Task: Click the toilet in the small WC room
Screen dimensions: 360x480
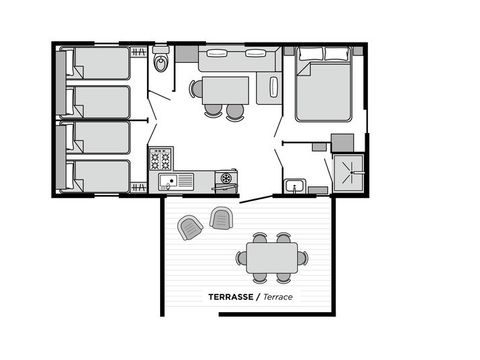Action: pos(162,64)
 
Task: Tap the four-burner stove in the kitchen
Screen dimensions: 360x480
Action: pos(161,158)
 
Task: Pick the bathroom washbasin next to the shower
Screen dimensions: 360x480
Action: pos(293,185)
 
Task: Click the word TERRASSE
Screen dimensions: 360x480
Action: pos(230,297)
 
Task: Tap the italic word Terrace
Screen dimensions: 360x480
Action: pos(281,297)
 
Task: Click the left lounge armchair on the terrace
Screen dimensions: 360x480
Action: pos(190,227)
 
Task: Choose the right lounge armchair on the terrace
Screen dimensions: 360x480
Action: pos(220,217)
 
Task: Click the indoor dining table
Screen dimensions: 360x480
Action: pos(227,90)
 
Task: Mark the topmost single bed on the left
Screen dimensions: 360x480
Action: pos(98,65)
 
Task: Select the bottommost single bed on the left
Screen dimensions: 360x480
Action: pos(98,175)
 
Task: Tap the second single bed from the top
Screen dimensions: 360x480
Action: pos(98,101)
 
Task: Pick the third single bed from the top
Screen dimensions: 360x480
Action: pos(98,138)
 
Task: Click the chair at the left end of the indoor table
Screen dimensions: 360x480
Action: pos(196,89)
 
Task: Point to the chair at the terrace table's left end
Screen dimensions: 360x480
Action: pos(241,258)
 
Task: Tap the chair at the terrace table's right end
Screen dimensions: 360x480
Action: pos(303,258)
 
